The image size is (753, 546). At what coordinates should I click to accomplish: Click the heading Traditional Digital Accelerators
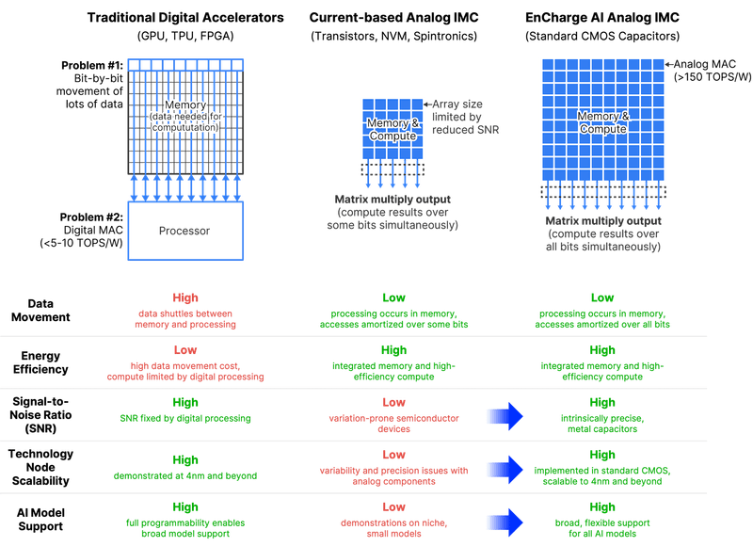186,18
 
